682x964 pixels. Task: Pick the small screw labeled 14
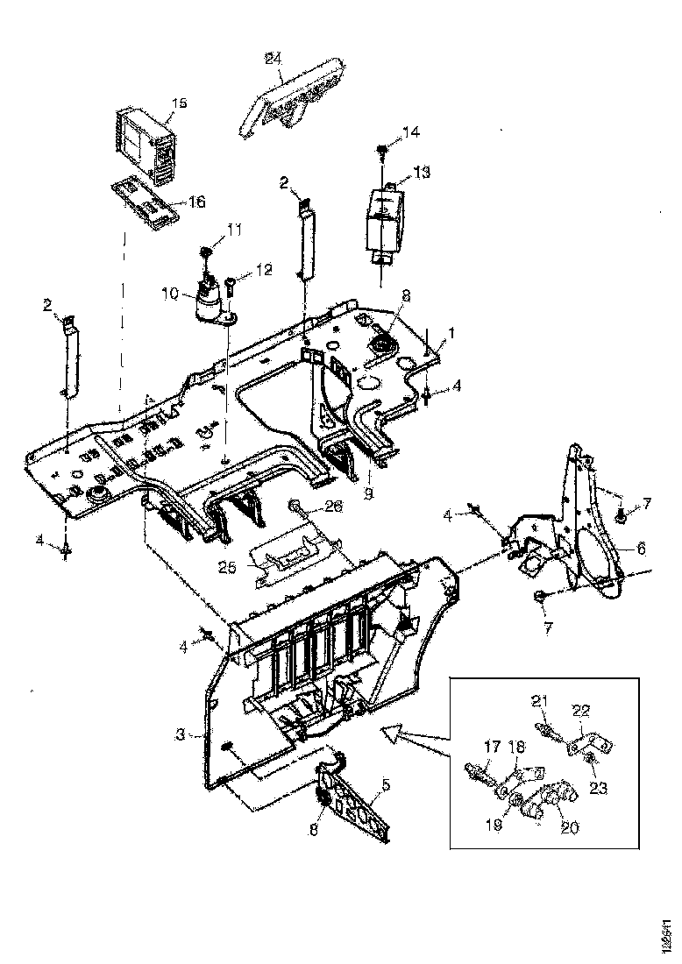383,150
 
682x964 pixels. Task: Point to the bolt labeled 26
297,507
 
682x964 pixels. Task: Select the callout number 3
180,734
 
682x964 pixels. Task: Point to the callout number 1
453,334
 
